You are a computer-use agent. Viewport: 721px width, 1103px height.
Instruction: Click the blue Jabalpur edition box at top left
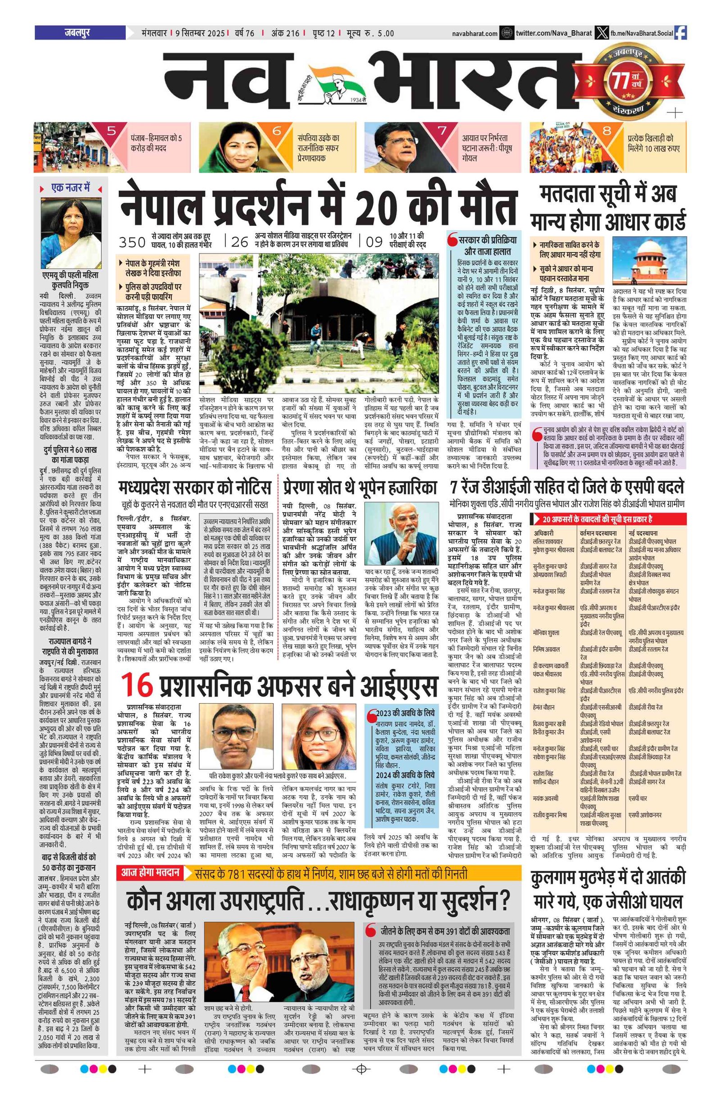(80, 33)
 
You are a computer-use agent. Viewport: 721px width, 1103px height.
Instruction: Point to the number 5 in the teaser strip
(111, 131)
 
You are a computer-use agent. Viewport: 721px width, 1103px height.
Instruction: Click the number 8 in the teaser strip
(607, 131)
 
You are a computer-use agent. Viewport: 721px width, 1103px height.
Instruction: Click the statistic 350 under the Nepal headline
(132, 242)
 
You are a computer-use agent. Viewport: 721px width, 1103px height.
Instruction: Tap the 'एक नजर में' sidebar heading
(70, 188)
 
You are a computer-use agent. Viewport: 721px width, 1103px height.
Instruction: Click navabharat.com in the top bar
(475, 33)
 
